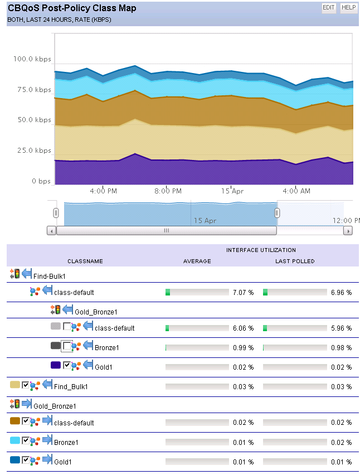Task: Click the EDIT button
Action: click(x=329, y=8)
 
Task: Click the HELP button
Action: click(x=348, y=8)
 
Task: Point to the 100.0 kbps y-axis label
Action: click(x=32, y=59)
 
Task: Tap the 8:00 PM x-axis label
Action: click(x=168, y=191)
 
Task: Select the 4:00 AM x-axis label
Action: click(x=296, y=191)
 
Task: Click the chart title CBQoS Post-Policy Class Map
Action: click(x=72, y=8)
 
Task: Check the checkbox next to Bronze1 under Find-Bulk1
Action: click(x=67, y=347)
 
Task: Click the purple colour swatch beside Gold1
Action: click(x=55, y=365)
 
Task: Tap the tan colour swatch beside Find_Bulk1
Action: click(x=15, y=385)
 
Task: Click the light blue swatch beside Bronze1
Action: click(x=15, y=440)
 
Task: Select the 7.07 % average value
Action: click(x=243, y=292)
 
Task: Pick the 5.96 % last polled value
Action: click(x=341, y=328)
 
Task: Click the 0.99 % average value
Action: click(x=243, y=348)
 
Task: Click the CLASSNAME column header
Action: click(x=85, y=261)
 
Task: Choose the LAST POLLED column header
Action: click(x=295, y=261)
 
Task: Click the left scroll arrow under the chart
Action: click(x=51, y=230)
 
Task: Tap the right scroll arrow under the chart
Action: click(x=348, y=230)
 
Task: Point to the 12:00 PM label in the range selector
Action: click(x=346, y=220)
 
